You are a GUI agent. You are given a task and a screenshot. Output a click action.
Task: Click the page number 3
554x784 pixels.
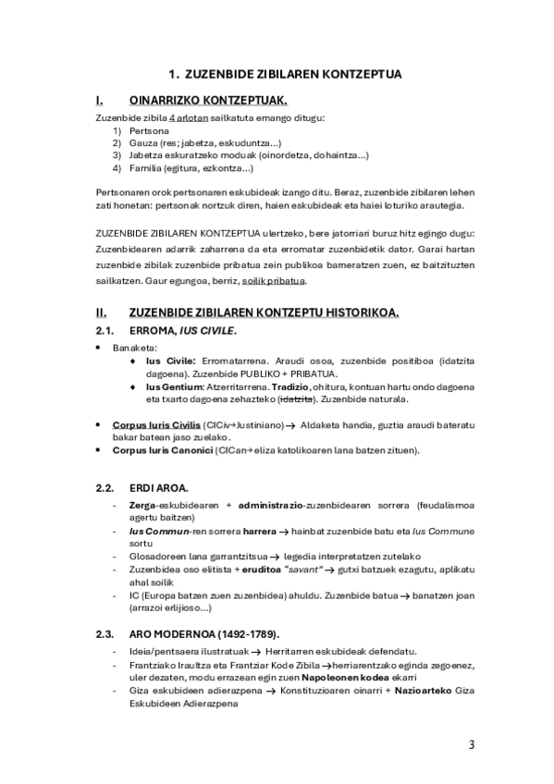tap(472, 744)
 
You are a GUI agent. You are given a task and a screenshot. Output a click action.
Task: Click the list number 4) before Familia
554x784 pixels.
tap(117, 168)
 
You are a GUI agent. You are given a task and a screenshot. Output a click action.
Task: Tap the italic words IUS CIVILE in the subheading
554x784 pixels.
tap(210, 330)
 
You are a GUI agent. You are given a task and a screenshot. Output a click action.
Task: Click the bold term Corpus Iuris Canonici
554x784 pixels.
tap(164, 450)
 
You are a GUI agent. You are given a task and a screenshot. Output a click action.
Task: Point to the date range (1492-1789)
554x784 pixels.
tap(241, 633)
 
